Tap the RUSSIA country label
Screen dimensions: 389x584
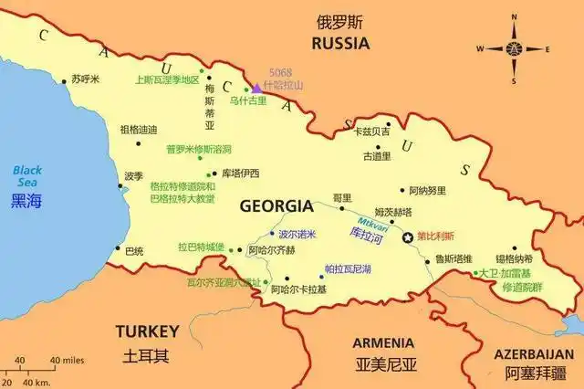click(x=340, y=43)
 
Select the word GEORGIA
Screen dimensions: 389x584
click(x=276, y=206)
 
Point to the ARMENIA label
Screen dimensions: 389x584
click(x=383, y=342)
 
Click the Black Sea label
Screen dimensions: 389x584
click(x=27, y=170)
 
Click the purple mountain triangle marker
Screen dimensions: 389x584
click(x=256, y=88)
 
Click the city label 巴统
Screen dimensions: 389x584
click(x=134, y=250)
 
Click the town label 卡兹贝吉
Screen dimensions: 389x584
click(x=371, y=131)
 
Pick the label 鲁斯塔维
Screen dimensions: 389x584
click(x=454, y=258)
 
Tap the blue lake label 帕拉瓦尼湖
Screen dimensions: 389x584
click(x=348, y=269)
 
